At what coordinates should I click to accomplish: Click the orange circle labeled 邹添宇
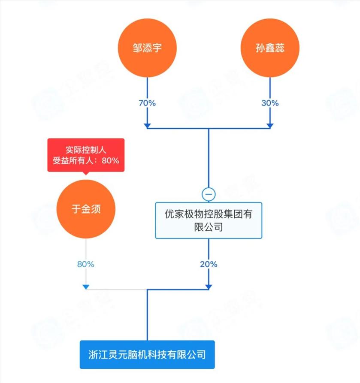tap(147, 48)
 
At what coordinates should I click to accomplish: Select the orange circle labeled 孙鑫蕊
tap(269, 48)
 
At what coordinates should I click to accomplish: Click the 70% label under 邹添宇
tap(147, 103)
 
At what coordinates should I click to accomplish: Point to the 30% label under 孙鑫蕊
tap(270, 103)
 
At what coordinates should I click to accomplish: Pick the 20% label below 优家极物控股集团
tap(209, 264)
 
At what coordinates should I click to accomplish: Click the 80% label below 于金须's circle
tap(86, 264)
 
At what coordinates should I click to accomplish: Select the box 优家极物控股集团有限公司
tap(209, 220)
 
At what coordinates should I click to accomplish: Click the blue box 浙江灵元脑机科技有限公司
tap(147, 355)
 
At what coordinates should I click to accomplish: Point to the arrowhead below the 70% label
tap(147, 125)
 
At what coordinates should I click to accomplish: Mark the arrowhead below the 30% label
tap(269, 125)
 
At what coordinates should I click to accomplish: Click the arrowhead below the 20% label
tap(209, 286)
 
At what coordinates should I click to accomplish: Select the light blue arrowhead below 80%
tap(86, 286)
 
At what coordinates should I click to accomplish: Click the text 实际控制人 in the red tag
tap(86, 150)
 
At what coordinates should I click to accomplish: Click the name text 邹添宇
tap(147, 48)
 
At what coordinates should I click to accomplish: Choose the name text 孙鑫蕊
tap(269, 48)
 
